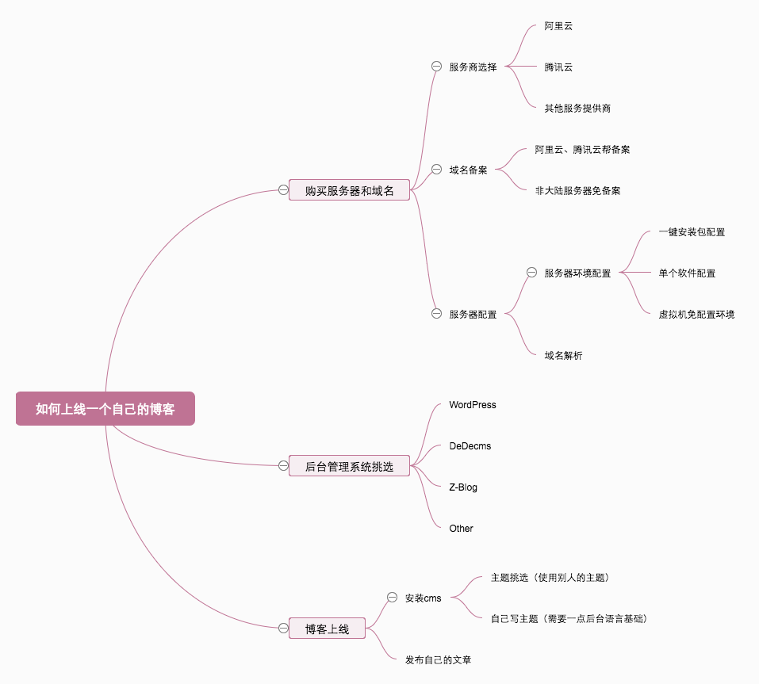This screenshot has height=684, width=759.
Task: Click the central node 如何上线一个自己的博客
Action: coord(105,409)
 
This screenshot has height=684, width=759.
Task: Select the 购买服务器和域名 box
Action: coord(349,190)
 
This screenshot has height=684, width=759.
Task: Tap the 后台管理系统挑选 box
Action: coord(349,466)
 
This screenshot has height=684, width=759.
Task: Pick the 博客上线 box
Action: coord(327,629)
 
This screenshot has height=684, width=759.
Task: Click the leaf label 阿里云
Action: coord(558,26)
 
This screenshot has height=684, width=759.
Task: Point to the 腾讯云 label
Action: coord(558,67)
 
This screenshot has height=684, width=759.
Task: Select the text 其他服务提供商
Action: coord(577,108)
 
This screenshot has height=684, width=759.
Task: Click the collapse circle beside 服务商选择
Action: coord(436,67)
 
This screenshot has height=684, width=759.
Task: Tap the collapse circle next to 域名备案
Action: coord(436,169)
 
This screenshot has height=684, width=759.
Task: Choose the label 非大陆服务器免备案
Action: coord(577,191)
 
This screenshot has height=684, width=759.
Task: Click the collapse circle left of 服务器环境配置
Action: coord(531,272)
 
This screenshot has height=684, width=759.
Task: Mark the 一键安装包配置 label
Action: coord(692,232)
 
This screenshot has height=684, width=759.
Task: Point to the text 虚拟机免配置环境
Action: coord(696,315)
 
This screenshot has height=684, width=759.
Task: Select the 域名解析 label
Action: coord(563,356)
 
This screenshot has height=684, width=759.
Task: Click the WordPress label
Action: coord(473,405)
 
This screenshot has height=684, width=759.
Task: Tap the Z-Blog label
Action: coord(463,487)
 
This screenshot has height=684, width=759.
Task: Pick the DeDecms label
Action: coord(470,446)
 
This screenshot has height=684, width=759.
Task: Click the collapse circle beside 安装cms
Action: coord(392,597)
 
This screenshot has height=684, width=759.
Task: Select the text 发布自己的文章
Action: coord(438,659)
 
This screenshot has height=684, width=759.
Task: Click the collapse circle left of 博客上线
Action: coord(283,628)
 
